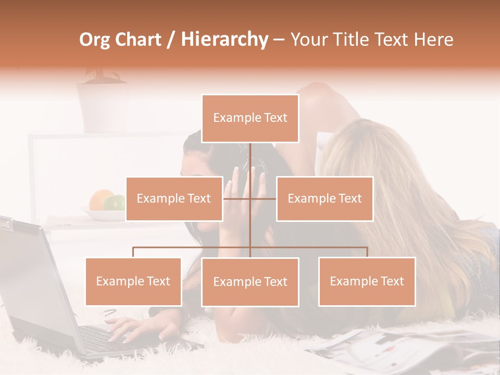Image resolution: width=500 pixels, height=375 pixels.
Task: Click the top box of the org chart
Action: (x=250, y=118)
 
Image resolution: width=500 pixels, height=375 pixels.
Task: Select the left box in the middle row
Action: (x=174, y=198)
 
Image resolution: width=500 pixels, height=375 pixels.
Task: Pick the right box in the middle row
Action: (x=324, y=198)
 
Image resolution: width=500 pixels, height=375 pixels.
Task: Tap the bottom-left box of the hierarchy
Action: (x=133, y=282)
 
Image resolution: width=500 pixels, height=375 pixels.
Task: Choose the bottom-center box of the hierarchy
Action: (x=250, y=282)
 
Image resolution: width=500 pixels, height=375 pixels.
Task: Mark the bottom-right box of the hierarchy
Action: (x=367, y=282)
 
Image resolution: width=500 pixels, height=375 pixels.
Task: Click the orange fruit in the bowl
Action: (x=100, y=199)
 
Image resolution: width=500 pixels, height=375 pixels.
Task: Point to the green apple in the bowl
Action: (x=116, y=202)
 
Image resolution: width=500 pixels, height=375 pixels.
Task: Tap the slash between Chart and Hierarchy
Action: (x=171, y=40)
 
